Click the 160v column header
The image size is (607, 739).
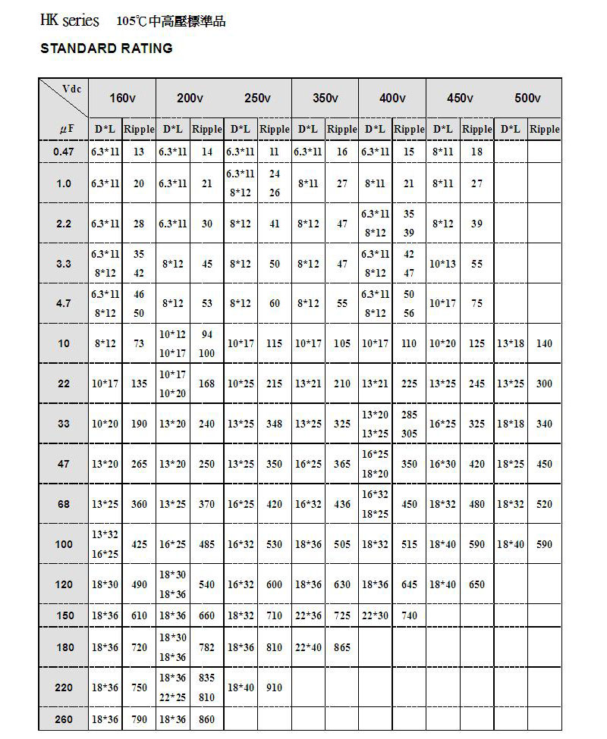[122, 99]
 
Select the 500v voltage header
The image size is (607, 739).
[527, 99]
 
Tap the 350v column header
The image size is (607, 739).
[326, 99]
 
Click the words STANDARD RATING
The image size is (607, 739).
[106, 49]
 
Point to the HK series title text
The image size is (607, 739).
[69, 20]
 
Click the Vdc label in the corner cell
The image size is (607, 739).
[72, 89]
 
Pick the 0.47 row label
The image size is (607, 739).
[64, 152]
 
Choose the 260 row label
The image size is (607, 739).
[64, 719]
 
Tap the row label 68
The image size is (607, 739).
[64, 504]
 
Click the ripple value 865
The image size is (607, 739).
[342, 647]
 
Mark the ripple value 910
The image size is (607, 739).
[274, 687]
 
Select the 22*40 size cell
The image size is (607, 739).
[308, 647]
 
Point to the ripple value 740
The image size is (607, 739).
[409, 615]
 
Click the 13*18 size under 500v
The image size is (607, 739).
[511, 343]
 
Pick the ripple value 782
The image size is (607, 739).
[206, 647]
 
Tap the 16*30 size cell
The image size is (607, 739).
[443, 464]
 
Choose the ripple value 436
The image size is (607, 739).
[342, 504]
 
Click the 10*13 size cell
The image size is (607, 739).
[443, 264]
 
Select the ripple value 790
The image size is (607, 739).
[139, 719]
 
